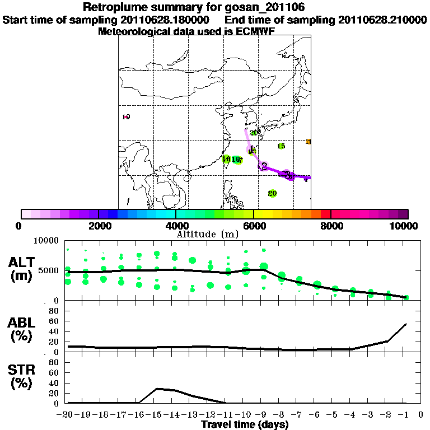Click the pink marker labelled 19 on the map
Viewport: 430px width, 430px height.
click(x=126, y=117)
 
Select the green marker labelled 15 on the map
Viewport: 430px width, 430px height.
click(x=281, y=146)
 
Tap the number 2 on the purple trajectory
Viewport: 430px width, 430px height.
click(x=264, y=165)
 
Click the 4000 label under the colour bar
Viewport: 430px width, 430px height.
click(x=175, y=226)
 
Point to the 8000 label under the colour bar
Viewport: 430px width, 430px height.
click(x=331, y=226)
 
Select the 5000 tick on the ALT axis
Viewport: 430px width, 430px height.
click(x=52, y=270)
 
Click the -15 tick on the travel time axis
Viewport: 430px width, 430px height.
click(x=157, y=414)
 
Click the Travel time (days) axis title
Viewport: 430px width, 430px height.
click(x=245, y=424)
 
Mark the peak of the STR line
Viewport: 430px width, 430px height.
click(x=157, y=388)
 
